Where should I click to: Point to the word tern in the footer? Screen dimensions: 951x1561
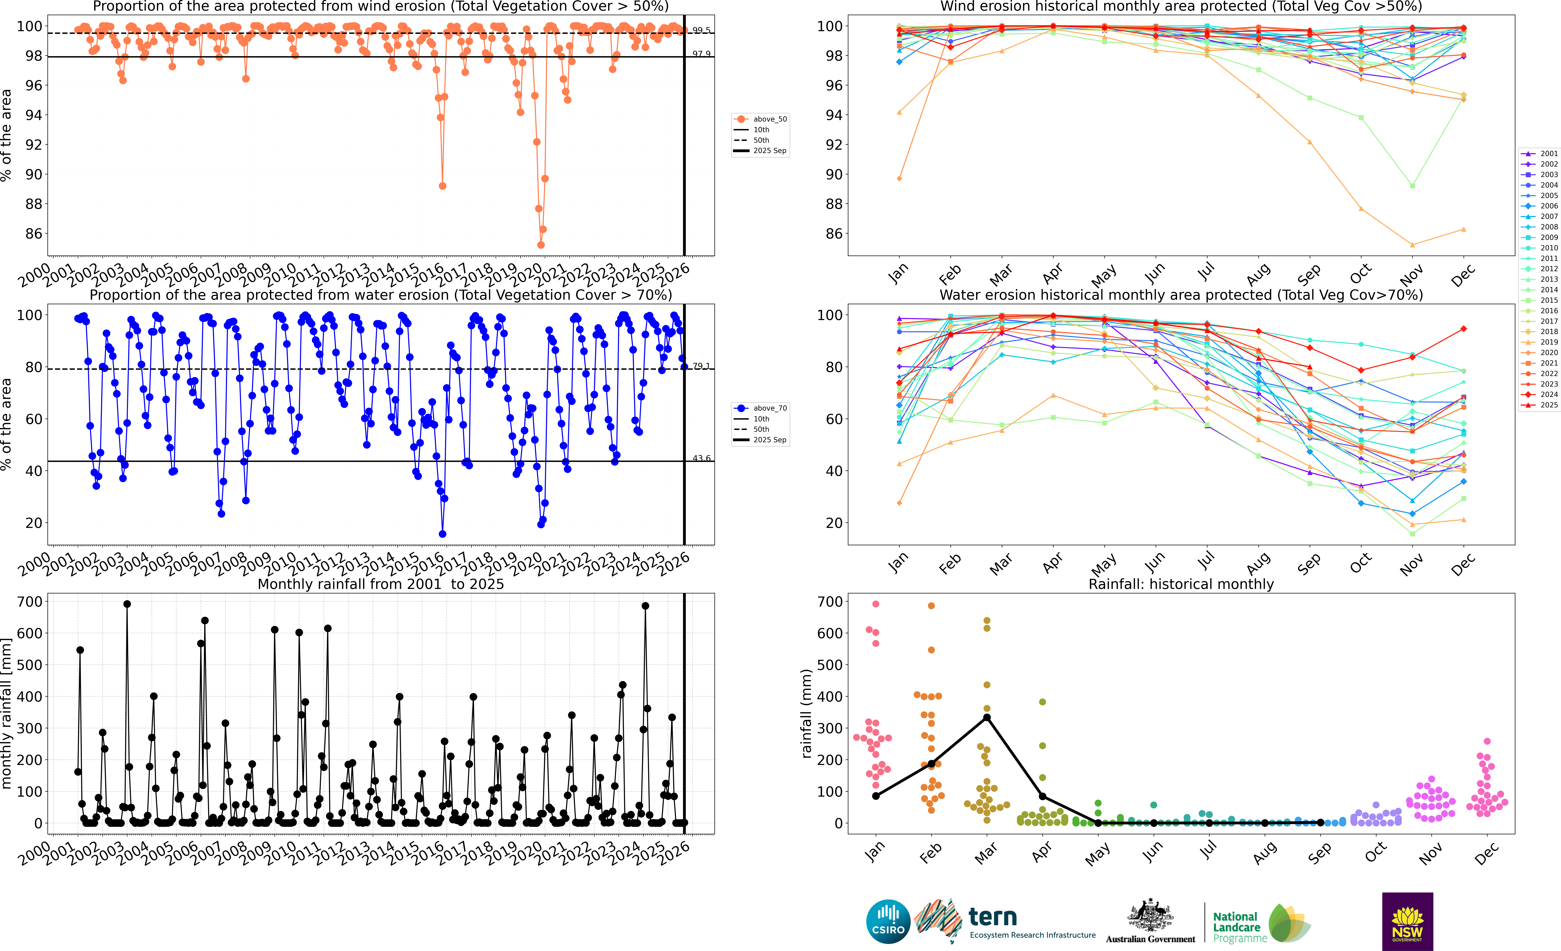[x=993, y=917]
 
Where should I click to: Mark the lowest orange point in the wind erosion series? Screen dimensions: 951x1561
[x=540, y=245]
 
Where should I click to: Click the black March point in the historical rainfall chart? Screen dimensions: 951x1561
[x=986, y=717]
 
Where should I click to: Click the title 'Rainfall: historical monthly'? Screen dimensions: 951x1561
[x=1181, y=584]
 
